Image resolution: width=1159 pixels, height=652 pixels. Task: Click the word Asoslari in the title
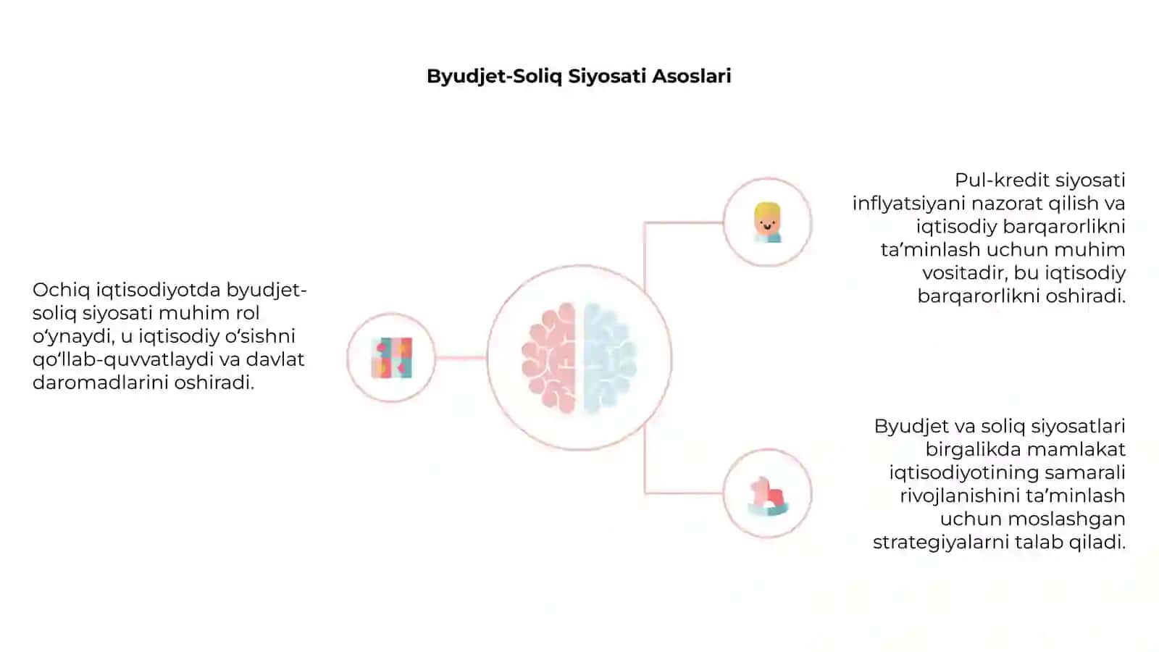coord(691,76)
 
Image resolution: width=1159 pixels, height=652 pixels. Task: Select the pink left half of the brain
coord(550,358)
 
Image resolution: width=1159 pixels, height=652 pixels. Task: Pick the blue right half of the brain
coord(609,358)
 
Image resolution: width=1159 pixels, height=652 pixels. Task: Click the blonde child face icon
coord(767,222)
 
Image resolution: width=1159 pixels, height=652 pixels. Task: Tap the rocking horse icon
coord(769,496)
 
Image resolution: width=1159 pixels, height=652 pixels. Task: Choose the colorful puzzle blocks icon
coord(392,358)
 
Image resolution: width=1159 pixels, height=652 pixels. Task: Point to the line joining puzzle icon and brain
coord(461,358)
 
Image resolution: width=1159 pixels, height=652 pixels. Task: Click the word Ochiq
coord(61,291)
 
